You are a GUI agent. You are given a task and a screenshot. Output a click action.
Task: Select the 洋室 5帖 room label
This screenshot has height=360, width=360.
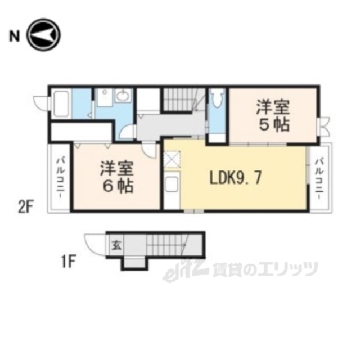(273, 115)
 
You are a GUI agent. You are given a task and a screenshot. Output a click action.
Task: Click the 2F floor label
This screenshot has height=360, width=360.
(26, 208)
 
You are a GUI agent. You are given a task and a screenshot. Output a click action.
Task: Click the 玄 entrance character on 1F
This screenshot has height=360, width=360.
(115, 245)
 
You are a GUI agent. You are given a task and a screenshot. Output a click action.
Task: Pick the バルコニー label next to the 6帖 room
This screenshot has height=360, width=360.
(60, 179)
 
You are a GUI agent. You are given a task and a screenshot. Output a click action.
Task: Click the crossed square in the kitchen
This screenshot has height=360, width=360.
(172, 160)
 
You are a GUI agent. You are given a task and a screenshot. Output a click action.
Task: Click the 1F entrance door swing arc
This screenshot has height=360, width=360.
(93, 242)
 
